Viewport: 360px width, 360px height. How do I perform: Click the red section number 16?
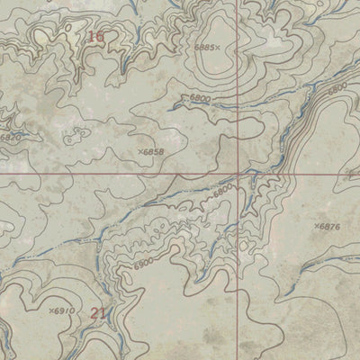pos(96,37)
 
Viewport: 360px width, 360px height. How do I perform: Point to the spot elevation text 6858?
pos(155,153)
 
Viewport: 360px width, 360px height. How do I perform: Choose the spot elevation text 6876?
pos(329,226)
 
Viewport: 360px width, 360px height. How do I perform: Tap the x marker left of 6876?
pos(316,226)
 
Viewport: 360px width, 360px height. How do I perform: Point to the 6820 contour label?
pos(9,138)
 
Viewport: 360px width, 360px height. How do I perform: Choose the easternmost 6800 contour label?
pos(337,89)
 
